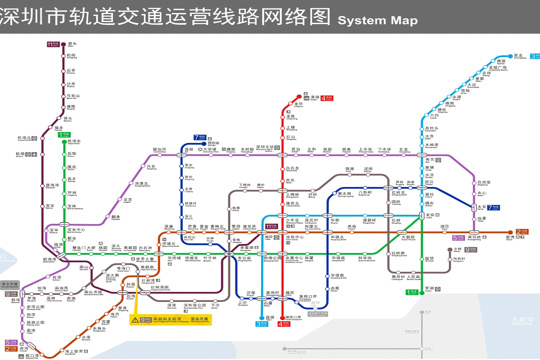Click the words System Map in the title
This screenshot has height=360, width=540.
pyautogui.click(x=377, y=20)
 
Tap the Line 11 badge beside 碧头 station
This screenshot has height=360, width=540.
pyautogui.click(x=53, y=44)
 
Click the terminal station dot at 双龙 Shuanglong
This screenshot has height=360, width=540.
pyautogui.click(x=510, y=56)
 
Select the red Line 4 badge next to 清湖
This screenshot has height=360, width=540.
pyautogui.click(x=327, y=98)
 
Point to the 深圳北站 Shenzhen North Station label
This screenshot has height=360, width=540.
pyautogui.click(x=265, y=148)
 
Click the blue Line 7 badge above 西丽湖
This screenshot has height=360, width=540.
pyautogui.click(x=200, y=138)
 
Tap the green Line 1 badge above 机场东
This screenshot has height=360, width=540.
pyautogui.click(x=64, y=135)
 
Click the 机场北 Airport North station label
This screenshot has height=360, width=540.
pyautogui.click(x=24, y=138)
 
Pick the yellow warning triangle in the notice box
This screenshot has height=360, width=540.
pyautogui.click(x=135, y=320)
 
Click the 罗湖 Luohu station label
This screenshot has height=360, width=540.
pyautogui.click(x=429, y=289)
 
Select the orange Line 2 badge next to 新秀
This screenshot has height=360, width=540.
pyautogui.click(x=522, y=232)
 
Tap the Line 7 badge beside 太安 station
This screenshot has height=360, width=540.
pyautogui.click(x=493, y=208)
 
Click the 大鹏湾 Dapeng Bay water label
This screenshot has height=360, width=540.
pyautogui.click(x=522, y=320)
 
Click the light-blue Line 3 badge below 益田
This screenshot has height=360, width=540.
pyautogui.click(x=262, y=324)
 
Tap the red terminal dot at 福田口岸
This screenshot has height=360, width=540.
pyautogui.click(x=282, y=318)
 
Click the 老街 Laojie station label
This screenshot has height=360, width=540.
pyautogui.click(x=430, y=215)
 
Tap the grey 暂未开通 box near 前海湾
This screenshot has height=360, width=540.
pyautogui.click(x=10, y=285)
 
